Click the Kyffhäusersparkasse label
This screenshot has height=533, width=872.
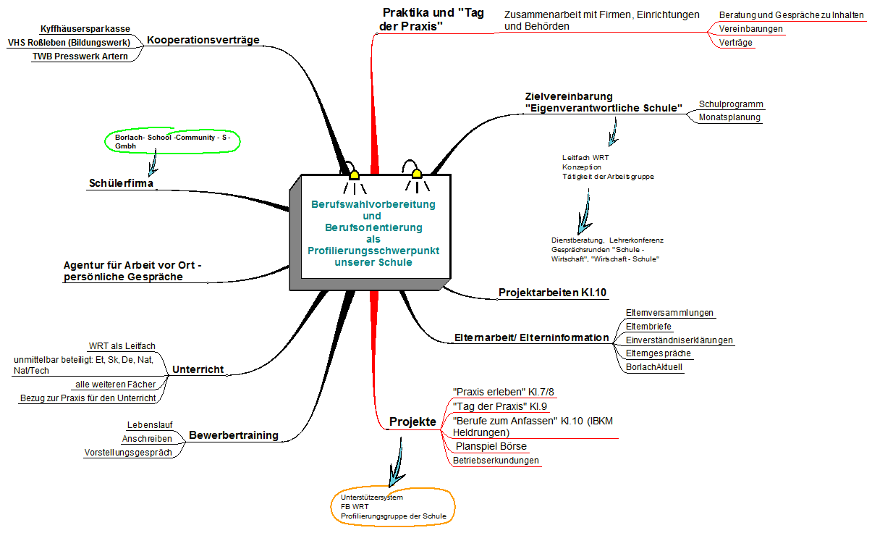(x=85, y=29)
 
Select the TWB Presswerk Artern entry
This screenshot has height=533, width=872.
(x=80, y=56)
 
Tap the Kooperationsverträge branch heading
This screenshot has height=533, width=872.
(x=203, y=40)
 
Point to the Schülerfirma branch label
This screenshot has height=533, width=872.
(x=121, y=184)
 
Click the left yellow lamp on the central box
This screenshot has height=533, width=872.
(x=354, y=175)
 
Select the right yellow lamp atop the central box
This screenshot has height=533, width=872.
(x=416, y=174)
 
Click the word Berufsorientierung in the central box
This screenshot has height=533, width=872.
(x=373, y=227)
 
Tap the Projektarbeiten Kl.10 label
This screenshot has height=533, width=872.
(x=552, y=293)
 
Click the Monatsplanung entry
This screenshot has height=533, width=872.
(x=729, y=117)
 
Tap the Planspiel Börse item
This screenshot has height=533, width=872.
(x=491, y=446)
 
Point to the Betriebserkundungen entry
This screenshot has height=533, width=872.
(x=496, y=461)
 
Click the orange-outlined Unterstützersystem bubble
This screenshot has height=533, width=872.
(x=394, y=507)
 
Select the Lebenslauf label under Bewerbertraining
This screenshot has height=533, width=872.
(x=149, y=425)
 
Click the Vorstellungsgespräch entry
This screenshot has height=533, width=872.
(x=128, y=453)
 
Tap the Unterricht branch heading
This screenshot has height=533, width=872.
(x=198, y=370)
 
